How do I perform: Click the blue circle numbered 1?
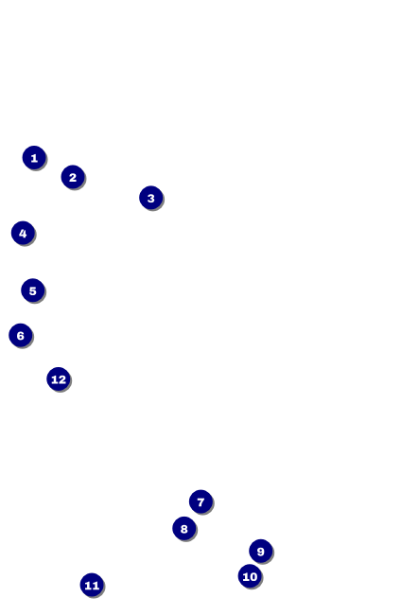click(34, 158)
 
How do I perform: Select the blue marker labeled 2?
click(73, 177)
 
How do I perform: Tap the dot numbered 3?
click(151, 198)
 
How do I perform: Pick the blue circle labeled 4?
click(23, 234)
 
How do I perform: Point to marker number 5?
click(32, 290)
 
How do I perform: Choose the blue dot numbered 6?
click(21, 336)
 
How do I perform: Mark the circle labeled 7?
click(201, 501)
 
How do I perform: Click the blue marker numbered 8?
click(184, 529)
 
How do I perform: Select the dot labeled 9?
click(260, 551)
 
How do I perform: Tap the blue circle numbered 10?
click(250, 576)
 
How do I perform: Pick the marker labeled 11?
click(92, 585)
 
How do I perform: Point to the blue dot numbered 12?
click(59, 379)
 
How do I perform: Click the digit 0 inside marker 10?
click(253, 576)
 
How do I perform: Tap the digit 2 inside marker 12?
click(62, 379)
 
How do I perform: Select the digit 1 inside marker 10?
click(246, 576)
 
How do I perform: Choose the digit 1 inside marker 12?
click(55, 379)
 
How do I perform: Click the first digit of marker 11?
click(88, 585)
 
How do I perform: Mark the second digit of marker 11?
click(96, 585)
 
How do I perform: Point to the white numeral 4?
click(23, 234)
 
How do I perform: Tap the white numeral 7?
click(201, 501)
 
